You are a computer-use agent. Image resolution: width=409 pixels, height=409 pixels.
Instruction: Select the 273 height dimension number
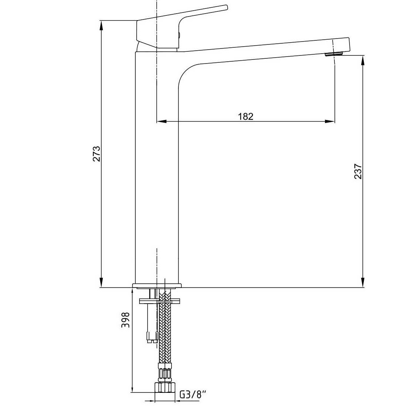(97, 154)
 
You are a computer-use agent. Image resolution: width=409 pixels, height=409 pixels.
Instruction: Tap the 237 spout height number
(358, 171)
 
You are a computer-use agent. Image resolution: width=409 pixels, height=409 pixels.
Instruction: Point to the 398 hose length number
(126, 320)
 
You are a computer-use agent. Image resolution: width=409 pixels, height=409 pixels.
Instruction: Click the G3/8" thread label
(193, 394)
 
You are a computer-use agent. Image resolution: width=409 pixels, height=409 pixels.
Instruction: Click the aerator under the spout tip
(334, 54)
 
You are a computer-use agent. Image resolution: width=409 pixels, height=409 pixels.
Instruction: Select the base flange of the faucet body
(157, 285)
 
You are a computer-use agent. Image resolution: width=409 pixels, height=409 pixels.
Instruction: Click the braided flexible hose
(165, 326)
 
